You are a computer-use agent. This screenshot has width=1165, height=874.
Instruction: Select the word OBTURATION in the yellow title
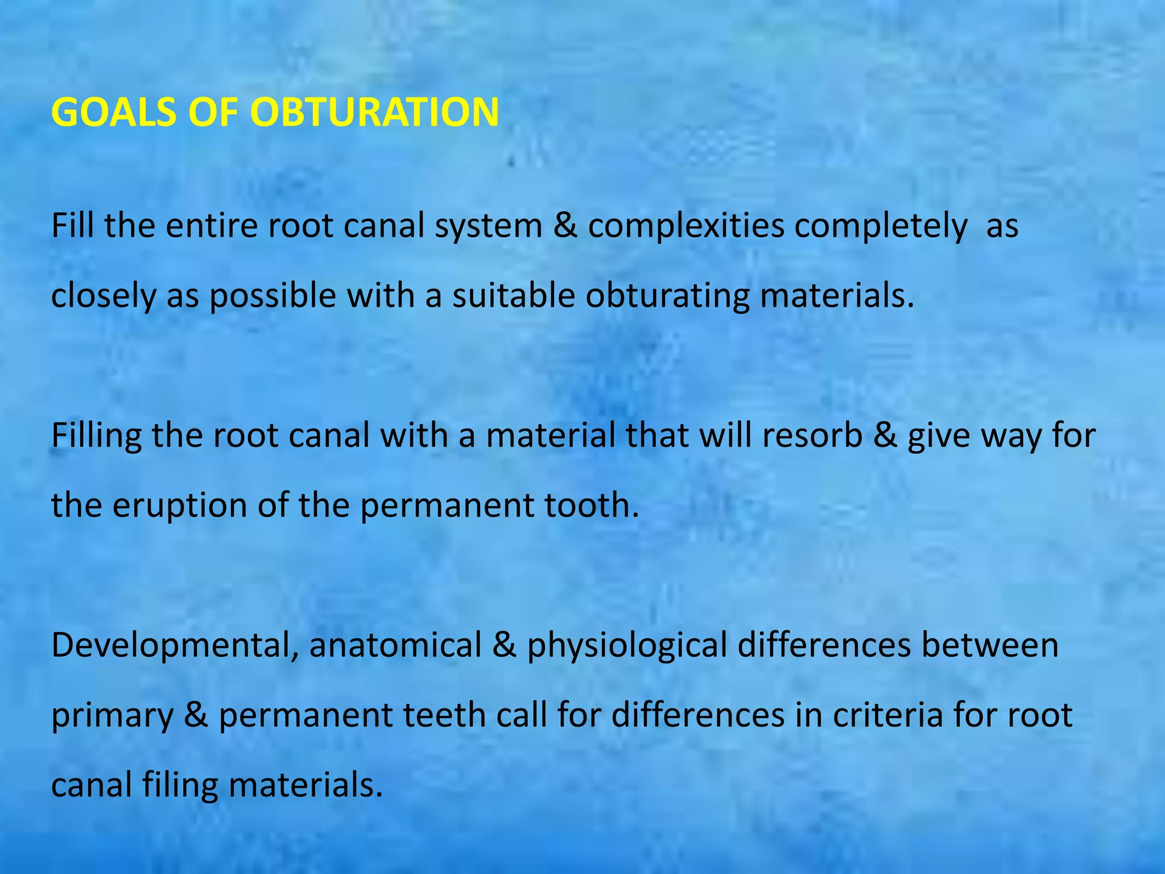[374, 112]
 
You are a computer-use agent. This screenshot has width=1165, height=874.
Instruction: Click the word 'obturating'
[668, 296]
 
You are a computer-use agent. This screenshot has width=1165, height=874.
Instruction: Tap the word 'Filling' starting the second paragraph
[96, 436]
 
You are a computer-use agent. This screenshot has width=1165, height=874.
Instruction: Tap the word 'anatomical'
[395, 645]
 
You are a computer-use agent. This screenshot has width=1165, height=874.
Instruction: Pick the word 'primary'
[112, 716]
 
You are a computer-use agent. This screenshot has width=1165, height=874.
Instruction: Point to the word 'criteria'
[888, 715]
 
